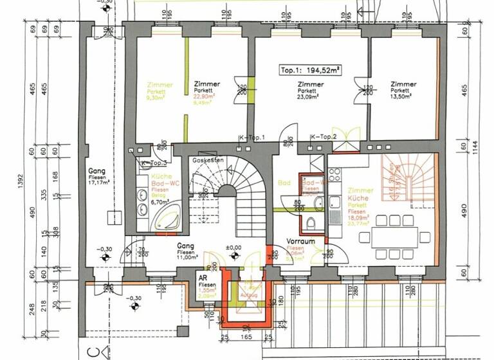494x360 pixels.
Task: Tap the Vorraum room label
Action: click(301, 240)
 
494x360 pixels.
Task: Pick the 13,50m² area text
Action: click(403, 97)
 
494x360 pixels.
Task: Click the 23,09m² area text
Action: click(309, 97)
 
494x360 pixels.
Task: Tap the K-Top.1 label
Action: click(247, 138)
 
